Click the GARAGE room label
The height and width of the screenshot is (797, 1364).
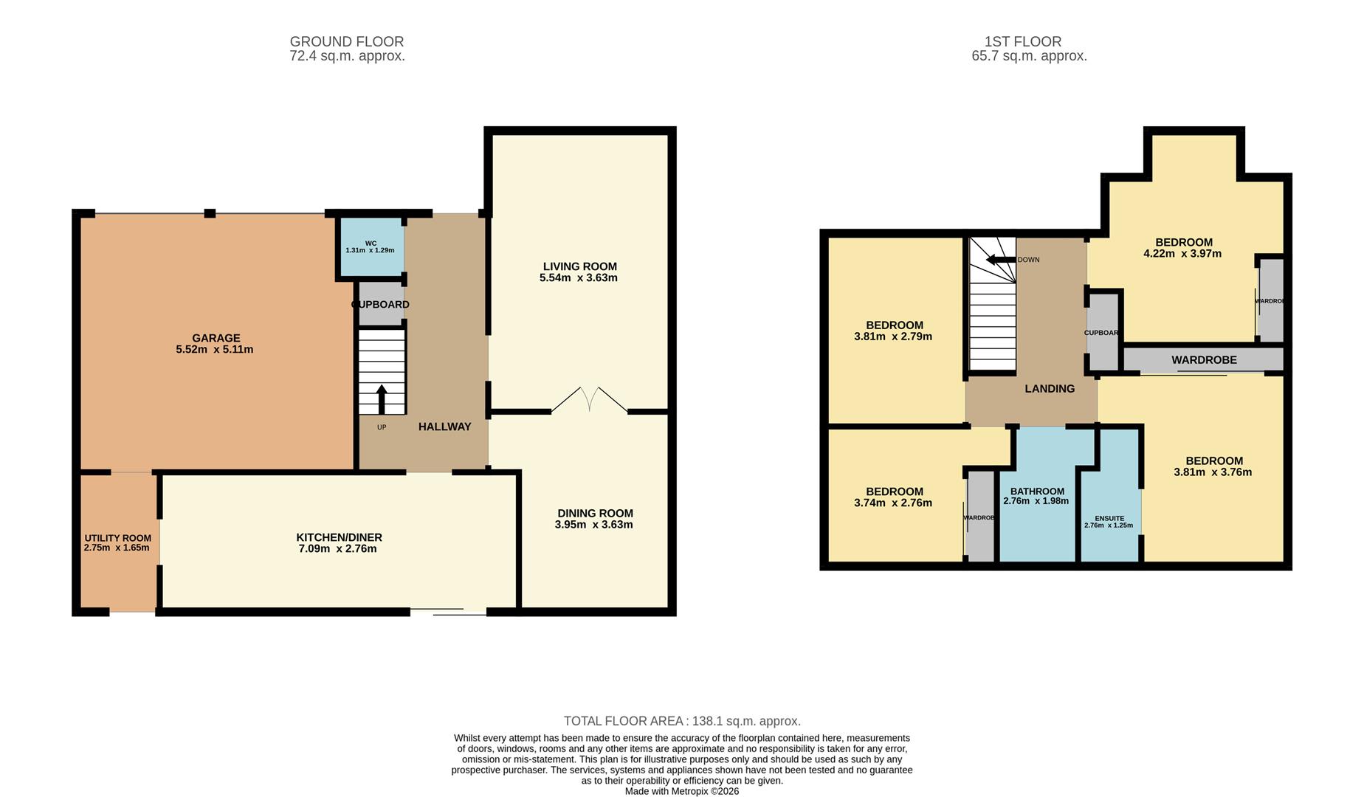click(216, 338)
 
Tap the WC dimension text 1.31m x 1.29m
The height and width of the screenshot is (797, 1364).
click(370, 250)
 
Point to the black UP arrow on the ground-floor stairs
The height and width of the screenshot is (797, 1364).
click(382, 398)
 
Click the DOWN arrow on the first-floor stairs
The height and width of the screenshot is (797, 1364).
click(1001, 260)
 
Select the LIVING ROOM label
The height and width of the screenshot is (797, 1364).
click(579, 266)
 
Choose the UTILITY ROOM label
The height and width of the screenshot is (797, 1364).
click(117, 538)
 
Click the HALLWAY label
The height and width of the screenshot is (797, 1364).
click(444, 427)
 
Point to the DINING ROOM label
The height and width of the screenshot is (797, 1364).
click(595, 513)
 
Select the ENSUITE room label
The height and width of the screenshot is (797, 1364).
click(1109, 518)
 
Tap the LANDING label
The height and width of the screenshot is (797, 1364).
click(1050, 388)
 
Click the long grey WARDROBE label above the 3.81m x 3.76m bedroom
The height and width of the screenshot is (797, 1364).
click(1204, 360)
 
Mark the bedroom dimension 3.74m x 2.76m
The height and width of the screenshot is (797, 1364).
click(892, 503)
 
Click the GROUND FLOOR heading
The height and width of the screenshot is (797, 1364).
click(346, 41)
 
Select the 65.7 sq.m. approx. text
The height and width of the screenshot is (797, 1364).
click(1029, 56)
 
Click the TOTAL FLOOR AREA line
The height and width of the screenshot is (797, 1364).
click(681, 721)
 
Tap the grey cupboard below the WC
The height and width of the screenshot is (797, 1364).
click(380, 303)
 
